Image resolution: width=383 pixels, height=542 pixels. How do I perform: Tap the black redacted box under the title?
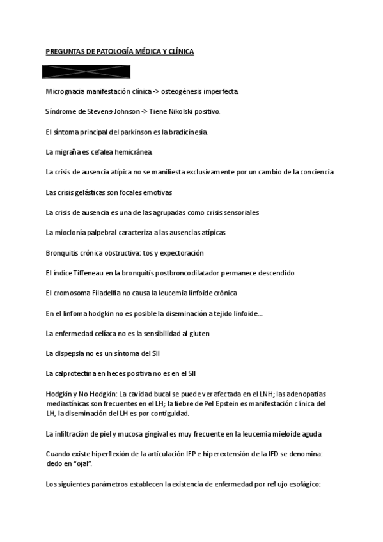tap(86, 71)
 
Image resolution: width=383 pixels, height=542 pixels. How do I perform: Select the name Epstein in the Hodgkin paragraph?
tap(226, 403)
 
